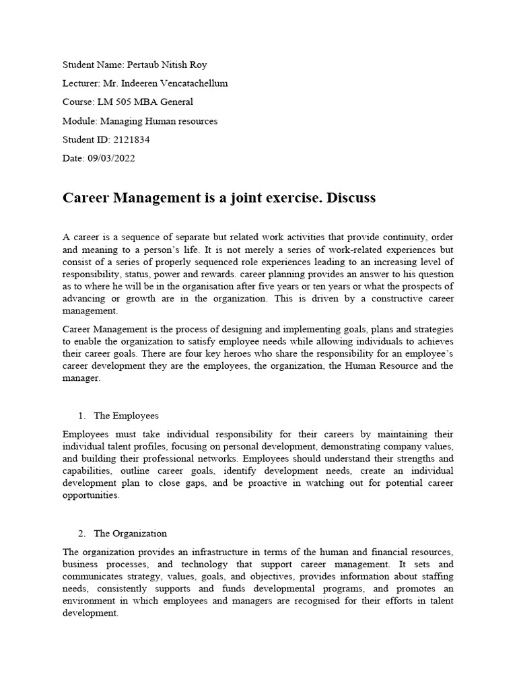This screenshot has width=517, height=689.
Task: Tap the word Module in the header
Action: [79, 121]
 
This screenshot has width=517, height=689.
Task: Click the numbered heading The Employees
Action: [127, 416]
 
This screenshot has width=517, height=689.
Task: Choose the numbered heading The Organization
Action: [131, 534]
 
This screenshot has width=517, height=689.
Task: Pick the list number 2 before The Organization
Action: [81, 534]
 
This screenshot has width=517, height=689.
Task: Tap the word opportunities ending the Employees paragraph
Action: [90, 495]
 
